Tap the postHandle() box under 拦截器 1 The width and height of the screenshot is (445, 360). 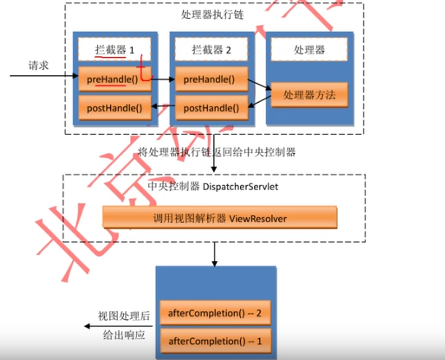[x=114, y=108]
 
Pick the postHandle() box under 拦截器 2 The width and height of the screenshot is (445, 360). [x=212, y=108]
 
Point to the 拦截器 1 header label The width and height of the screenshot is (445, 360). [x=114, y=50]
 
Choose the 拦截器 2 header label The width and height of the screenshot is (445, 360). [x=212, y=50]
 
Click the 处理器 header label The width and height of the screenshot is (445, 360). [x=309, y=50]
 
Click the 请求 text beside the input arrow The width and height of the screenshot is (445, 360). [x=39, y=66]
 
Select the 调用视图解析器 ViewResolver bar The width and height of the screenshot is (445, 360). [x=219, y=218]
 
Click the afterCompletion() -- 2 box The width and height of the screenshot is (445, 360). [x=215, y=313]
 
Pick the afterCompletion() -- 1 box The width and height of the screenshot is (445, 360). [x=215, y=341]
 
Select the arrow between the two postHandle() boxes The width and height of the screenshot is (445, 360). [x=163, y=108]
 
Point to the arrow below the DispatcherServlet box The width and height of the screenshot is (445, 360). [x=214, y=253]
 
